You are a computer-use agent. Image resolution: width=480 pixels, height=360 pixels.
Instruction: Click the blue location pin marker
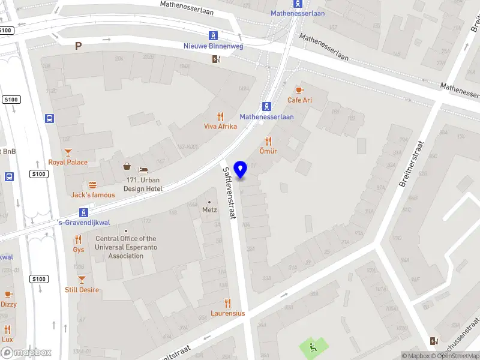coord(241,170)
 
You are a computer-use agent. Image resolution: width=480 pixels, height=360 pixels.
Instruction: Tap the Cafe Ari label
coord(299,100)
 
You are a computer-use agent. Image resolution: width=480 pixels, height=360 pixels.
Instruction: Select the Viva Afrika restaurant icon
coord(220,116)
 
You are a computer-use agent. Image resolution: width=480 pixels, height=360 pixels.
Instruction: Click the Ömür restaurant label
coord(268,151)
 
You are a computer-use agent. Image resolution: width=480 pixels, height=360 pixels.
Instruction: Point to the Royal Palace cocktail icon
coord(68,152)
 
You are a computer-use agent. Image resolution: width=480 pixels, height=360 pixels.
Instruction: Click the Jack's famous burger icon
coord(92,185)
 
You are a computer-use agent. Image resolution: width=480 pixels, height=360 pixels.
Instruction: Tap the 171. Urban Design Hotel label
coord(143,184)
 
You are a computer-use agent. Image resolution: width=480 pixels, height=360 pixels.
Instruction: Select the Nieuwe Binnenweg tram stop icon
coord(213,35)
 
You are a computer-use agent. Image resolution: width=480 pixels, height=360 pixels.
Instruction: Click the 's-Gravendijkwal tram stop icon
coord(84,212)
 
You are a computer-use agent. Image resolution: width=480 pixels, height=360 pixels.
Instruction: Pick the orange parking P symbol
coord(78,45)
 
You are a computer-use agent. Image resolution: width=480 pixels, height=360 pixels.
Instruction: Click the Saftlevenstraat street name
coord(229,192)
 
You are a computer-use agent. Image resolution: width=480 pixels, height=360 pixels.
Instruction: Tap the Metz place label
coord(209,210)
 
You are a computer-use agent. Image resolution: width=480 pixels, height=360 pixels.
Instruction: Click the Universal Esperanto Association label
coord(126,247)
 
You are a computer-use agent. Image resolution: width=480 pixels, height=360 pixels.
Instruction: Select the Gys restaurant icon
coord(78,239)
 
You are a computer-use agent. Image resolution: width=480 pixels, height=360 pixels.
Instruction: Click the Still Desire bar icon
coord(82,280)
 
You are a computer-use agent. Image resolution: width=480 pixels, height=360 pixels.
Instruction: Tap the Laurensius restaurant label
coord(227,313)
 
